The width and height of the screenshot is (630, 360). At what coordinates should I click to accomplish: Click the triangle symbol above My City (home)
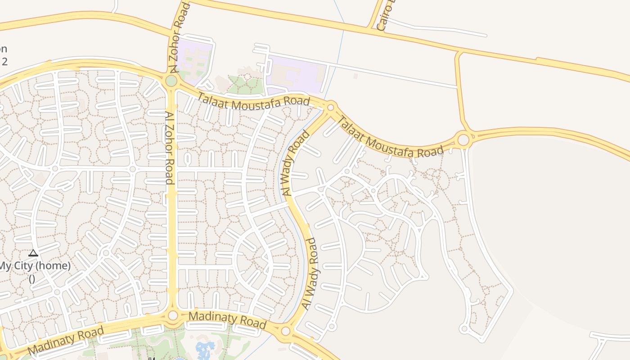pos(33,253)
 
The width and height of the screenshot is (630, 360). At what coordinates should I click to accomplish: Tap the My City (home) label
pos(35,266)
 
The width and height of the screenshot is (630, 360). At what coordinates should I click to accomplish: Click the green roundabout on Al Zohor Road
pos(171,81)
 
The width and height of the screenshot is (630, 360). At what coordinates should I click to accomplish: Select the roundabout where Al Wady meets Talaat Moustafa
pos(331,107)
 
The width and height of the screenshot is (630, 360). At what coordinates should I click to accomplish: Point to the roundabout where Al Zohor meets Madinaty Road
pos(173,316)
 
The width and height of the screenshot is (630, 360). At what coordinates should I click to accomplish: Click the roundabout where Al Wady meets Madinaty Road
pos(285,332)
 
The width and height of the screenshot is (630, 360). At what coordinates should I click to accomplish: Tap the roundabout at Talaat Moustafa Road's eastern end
pos(463,140)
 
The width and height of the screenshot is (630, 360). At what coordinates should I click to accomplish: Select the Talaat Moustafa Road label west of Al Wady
pos(253,98)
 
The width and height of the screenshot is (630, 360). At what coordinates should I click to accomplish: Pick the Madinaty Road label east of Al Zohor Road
pos(227,320)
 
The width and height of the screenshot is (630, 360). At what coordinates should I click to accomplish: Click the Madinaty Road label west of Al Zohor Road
pos(66,341)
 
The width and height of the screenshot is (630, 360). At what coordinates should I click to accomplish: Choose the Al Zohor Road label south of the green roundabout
pos(170,148)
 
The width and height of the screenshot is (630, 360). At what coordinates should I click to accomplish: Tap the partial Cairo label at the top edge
pos(383,16)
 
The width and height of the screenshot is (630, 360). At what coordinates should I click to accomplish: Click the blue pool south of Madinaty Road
pos(206,349)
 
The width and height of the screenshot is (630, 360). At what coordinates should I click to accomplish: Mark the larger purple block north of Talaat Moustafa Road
pos(295,74)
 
